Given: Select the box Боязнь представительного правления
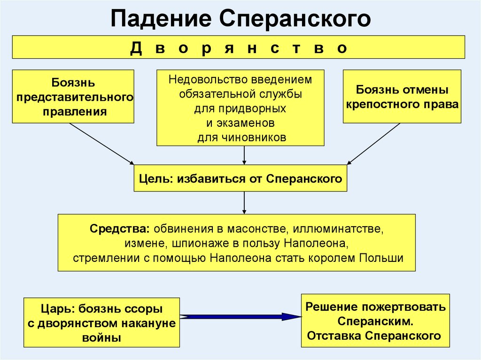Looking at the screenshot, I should click(73, 97).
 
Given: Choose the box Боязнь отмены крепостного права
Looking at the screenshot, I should click(402, 97).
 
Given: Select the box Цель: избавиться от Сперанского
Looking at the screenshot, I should click(240, 178).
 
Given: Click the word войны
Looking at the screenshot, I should click(101, 337).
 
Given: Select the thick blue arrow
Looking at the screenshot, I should click(240, 317).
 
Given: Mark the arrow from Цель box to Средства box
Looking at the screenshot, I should click(244, 202).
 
